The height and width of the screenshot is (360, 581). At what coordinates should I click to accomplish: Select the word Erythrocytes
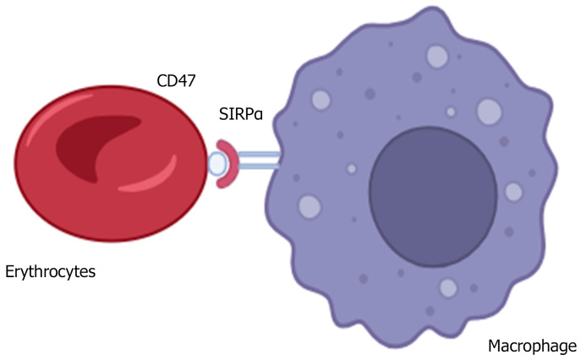(50, 271)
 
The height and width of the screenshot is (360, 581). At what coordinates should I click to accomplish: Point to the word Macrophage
(533, 346)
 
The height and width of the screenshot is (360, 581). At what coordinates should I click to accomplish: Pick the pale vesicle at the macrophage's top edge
(437, 56)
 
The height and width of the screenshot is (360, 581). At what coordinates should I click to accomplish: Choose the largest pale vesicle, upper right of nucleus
(490, 111)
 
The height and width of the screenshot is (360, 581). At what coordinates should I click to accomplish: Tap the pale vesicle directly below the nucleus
(448, 287)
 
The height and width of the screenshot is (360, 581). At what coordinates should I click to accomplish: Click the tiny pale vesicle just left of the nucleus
(352, 169)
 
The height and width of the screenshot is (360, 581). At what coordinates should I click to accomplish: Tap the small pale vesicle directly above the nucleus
(451, 112)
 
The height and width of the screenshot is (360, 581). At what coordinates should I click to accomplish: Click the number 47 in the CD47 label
(187, 81)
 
